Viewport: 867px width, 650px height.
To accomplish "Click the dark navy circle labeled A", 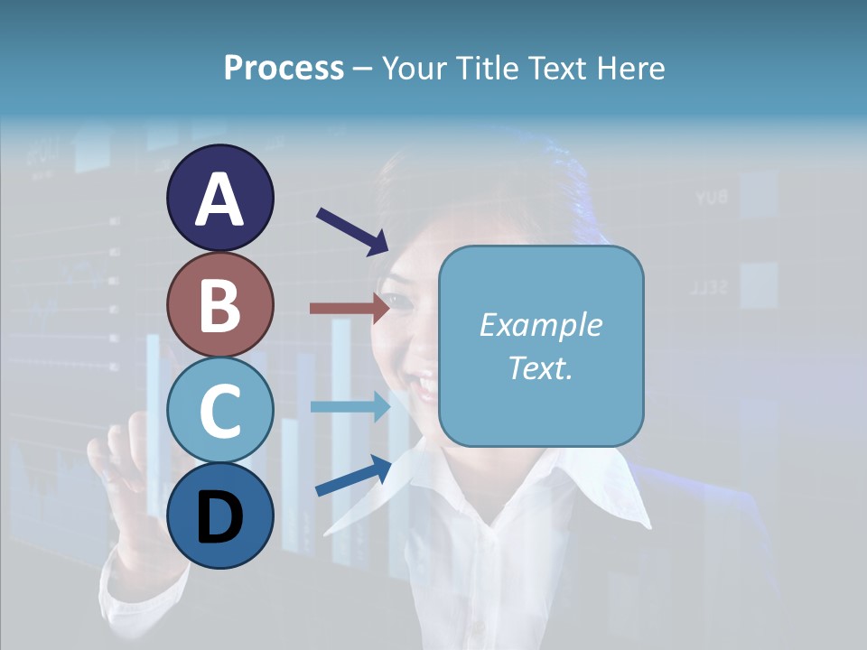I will [x=219, y=198].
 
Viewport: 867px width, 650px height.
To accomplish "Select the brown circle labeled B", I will [x=219, y=304].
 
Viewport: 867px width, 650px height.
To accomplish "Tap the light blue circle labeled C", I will [x=219, y=411].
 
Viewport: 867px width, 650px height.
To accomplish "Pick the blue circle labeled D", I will [x=219, y=516].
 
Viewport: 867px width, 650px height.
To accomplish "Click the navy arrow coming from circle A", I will [x=352, y=231].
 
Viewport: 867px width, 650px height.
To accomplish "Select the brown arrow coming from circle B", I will [x=350, y=308].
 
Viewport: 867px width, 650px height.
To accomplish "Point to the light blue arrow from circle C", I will [x=350, y=407].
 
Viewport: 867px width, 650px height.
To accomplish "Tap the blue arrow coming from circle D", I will [x=353, y=476].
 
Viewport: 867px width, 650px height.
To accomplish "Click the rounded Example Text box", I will [x=541, y=346].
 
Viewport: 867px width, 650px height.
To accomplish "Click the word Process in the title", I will [x=284, y=68].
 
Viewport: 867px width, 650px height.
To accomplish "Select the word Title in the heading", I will [x=489, y=68].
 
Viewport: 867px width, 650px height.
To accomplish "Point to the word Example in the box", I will [x=541, y=325].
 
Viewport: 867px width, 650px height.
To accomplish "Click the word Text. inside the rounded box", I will [x=541, y=367].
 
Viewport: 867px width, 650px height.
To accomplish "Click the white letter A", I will [x=219, y=199].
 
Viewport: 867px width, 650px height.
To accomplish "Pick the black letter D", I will [x=219, y=517].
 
